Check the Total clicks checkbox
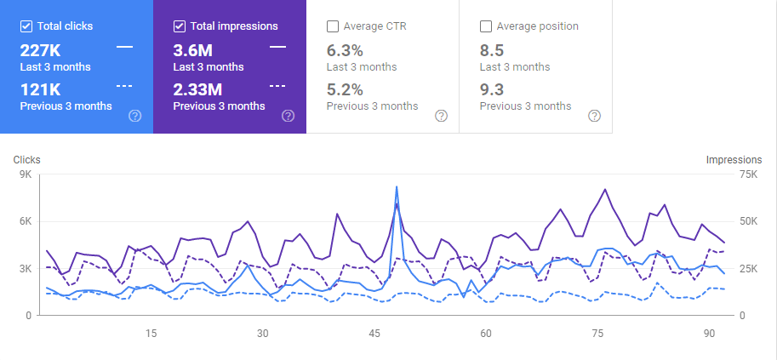(26, 26)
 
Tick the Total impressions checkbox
(180, 26)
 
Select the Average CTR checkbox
(333, 26)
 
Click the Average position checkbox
(486, 26)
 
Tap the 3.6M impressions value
(192, 49)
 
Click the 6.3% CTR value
(345, 49)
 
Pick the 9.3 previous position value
(491, 89)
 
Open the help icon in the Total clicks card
(134, 116)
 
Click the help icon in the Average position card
(594, 116)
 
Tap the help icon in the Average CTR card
(441, 116)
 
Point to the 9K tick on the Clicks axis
(24, 174)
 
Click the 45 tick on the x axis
(374, 333)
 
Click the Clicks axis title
(26, 159)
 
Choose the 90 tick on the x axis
(710, 333)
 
